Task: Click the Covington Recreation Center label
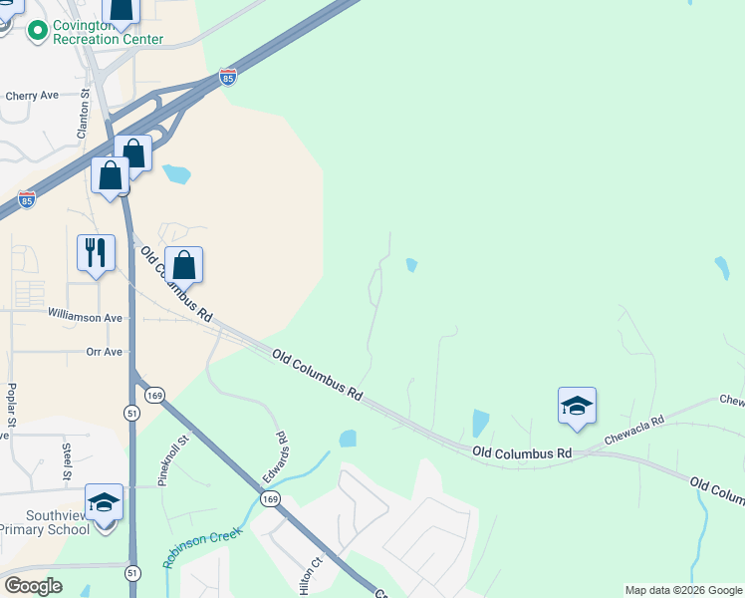pyautogui.click(x=109, y=31)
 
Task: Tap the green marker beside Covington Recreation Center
pyautogui.click(x=38, y=31)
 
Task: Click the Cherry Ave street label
pyautogui.click(x=32, y=96)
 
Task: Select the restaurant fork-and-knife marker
pyautogui.click(x=96, y=253)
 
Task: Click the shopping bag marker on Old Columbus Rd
pyautogui.click(x=183, y=265)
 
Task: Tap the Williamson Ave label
pyautogui.click(x=85, y=316)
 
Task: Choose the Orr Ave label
pyautogui.click(x=104, y=352)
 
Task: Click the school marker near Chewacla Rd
pyautogui.click(x=577, y=406)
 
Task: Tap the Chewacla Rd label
pyautogui.click(x=633, y=432)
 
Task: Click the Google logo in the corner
pyautogui.click(x=33, y=586)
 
